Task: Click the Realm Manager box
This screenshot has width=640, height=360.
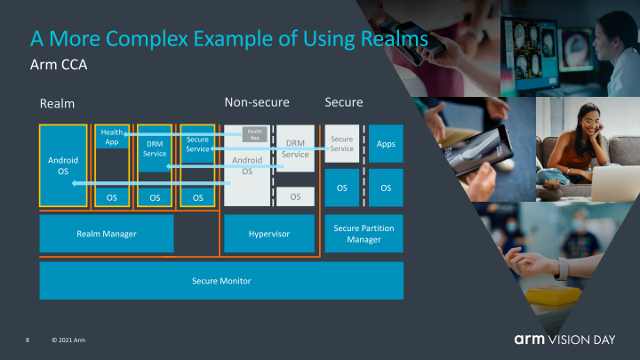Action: pyautogui.click(x=106, y=233)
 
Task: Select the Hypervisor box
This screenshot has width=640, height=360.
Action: pyautogui.click(x=269, y=233)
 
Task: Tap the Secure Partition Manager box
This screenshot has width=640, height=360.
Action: pyautogui.click(x=364, y=233)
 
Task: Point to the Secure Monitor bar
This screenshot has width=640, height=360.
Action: pyautogui.click(x=221, y=281)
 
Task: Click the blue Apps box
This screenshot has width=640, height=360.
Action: pyautogui.click(x=386, y=143)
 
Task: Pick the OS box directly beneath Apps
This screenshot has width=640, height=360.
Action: pyautogui.click(x=386, y=188)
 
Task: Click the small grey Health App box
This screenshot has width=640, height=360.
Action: pyautogui.click(x=254, y=135)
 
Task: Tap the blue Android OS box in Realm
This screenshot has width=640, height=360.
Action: pyautogui.click(x=62, y=165)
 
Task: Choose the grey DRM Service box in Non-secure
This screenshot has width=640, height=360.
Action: pyautogui.click(x=296, y=149)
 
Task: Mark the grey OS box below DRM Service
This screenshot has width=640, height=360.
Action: pyautogui.click(x=295, y=196)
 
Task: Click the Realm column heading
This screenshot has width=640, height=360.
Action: pyautogui.click(x=57, y=104)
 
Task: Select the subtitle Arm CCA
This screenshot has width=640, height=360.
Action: pyautogui.click(x=58, y=66)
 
